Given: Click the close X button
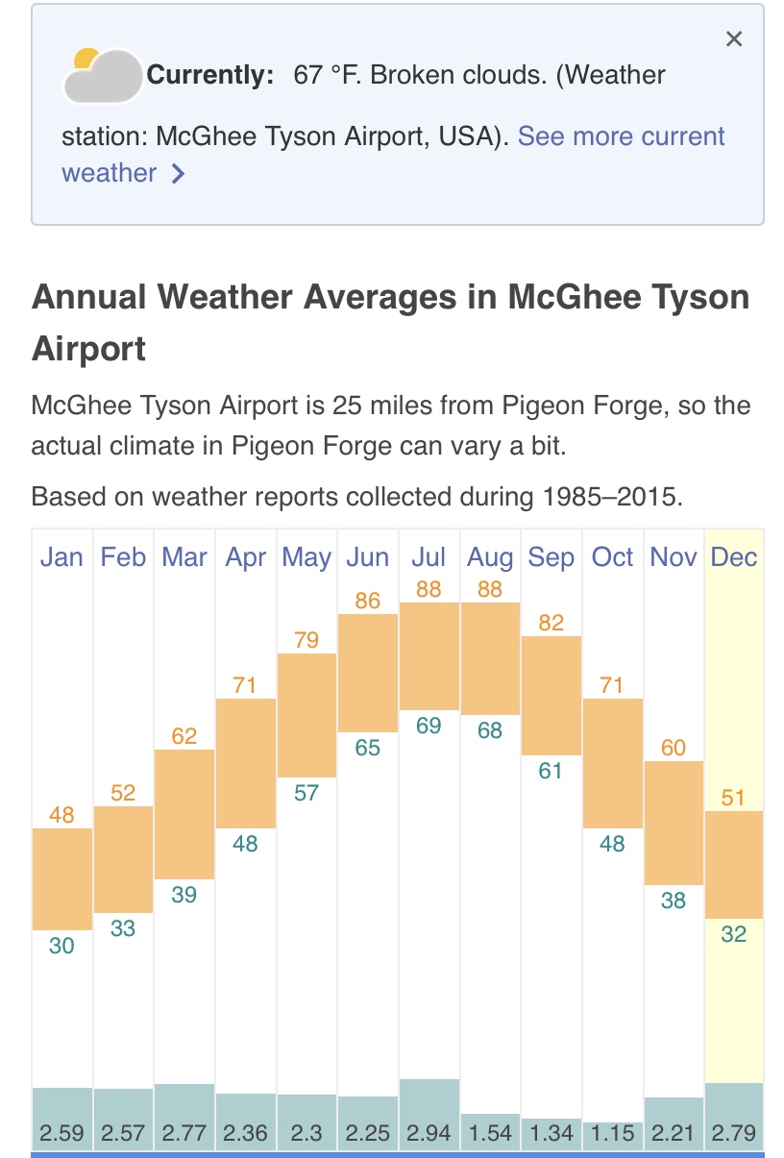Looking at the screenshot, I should click(x=734, y=38).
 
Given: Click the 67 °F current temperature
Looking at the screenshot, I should click(x=326, y=74).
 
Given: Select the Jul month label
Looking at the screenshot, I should click(x=429, y=557).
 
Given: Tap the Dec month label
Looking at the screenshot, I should click(x=734, y=557).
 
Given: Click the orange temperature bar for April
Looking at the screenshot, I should click(x=246, y=763).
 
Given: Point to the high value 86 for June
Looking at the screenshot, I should click(x=368, y=601).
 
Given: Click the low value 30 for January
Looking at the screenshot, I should click(x=61, y=946).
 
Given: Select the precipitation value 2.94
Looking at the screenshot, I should click(x=429, y=1133).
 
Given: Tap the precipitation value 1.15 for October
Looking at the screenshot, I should click(x=612, y=1133).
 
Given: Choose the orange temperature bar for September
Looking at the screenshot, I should click(x=551, y=695).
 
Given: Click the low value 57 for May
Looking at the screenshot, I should click(x=306, y=793).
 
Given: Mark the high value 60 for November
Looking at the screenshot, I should click(x=674, y=747).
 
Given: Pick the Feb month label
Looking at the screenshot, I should click(x=123, y=557).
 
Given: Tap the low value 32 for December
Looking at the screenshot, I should click(x=734, y=934).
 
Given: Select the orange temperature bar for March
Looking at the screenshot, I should click(x=184, y=813).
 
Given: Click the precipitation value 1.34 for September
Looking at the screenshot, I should click(x=551, y=1133).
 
